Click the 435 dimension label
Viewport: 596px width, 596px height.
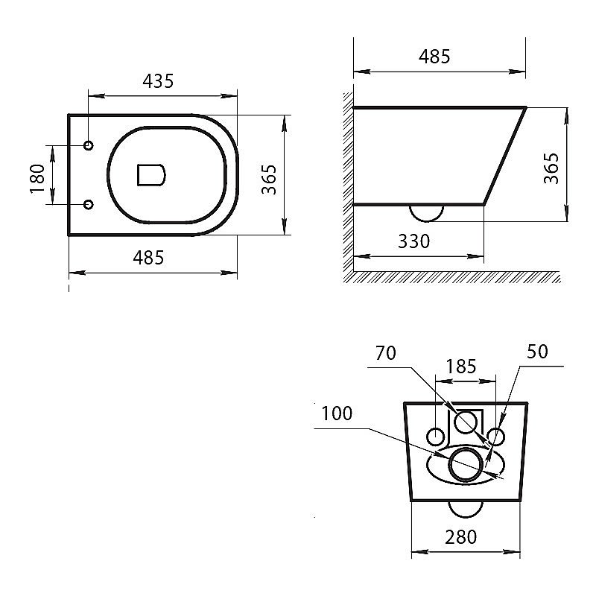coord(158,81)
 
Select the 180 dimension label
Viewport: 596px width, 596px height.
coord(37,179)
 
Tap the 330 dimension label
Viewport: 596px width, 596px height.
coord(413,241)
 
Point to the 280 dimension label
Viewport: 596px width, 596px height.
coord(460,537)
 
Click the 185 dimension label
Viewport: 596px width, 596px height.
coord(460,367)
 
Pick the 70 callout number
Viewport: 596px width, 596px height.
coord(385,353)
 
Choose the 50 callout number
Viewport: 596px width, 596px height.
coord(537,352)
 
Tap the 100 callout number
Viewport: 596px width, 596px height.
coord(337,413)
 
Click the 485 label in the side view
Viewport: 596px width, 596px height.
coord(434,57)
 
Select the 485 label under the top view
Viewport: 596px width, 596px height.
coord(148,258)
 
